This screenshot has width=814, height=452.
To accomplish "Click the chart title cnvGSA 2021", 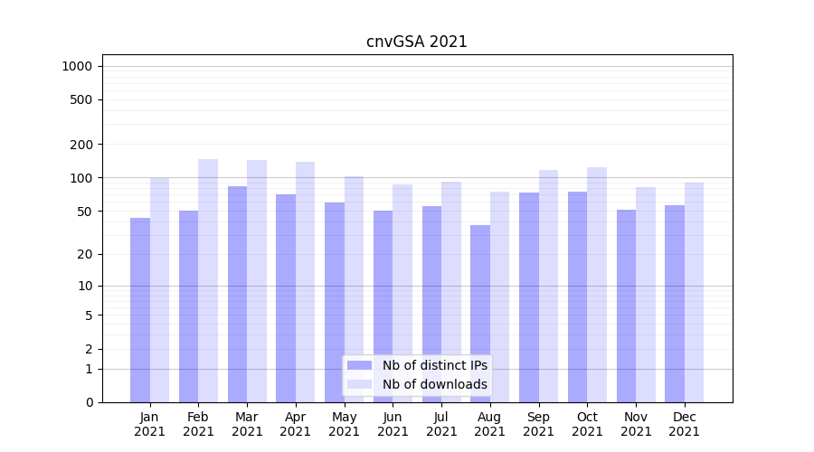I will [416, 42].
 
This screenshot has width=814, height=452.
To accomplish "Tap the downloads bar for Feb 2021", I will [208, 280].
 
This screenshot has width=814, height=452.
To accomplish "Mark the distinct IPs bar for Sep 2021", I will [529, 297].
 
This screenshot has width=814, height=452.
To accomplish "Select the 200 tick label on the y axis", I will [80, 145].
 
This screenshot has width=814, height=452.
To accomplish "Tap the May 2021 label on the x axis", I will [344, 424].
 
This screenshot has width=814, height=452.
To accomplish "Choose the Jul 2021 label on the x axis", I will [441, 424].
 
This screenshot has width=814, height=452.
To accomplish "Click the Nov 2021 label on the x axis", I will [636, 424].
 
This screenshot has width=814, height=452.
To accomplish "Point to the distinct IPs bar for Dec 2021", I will [675, 304].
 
